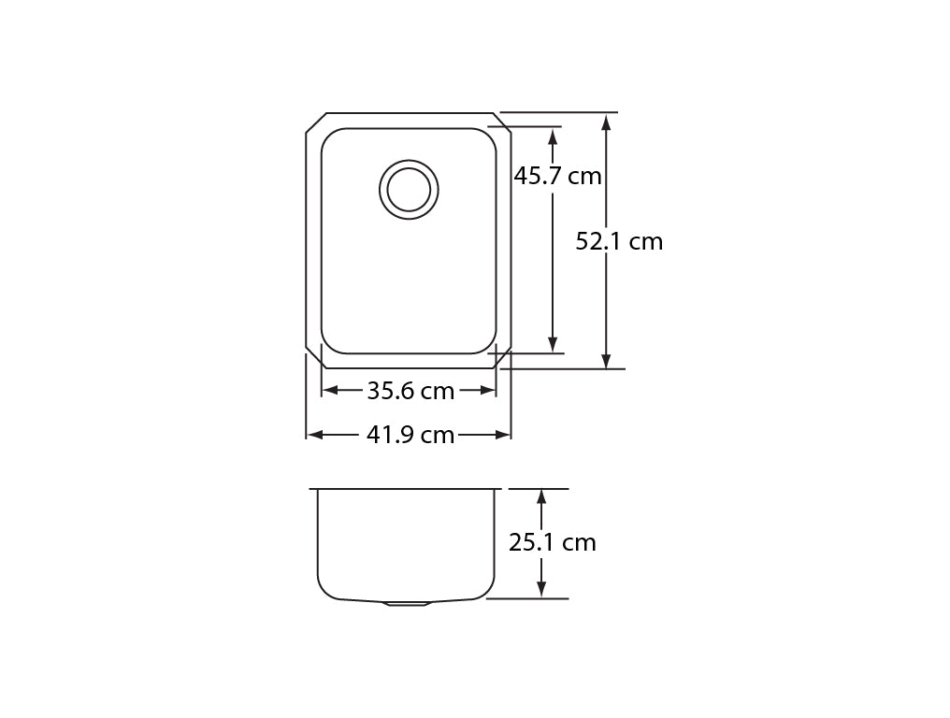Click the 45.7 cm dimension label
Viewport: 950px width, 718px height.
(x=557, y=177)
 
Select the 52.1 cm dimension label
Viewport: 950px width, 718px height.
(x=619, y=242)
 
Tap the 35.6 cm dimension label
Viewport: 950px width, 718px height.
(x=410, y=392)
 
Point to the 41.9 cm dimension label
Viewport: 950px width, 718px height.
(x=410, y=435)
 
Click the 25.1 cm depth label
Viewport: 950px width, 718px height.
(x=552, y=542)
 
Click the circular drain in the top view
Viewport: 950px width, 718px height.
(x=409, y=190)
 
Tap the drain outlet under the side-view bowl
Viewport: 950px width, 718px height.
(x=408, y=604)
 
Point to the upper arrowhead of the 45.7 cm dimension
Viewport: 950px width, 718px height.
(x=552, y=136)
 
